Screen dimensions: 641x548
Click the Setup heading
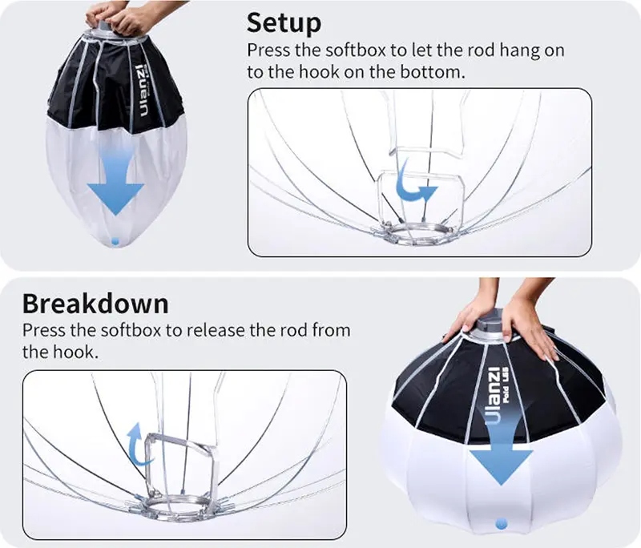284,23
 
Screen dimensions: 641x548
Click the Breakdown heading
95,304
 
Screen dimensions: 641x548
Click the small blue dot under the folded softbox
115,241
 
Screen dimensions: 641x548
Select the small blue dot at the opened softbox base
501,523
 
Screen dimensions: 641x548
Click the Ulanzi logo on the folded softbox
143,90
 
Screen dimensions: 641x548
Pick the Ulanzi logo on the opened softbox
495,396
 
